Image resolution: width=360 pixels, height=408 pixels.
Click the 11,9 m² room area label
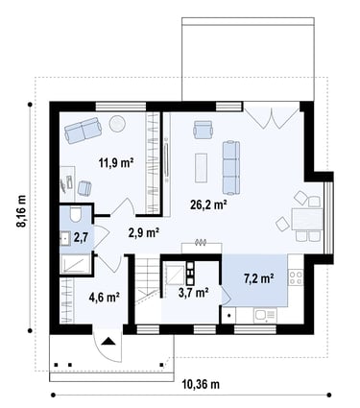pos(116,163)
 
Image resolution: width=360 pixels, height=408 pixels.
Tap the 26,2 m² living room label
pos(208,204)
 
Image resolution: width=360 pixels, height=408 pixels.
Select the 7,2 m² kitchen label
pos(258,278)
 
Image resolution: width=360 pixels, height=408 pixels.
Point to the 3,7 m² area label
pos(193,292)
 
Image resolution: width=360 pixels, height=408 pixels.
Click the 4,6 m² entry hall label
pos(105,298)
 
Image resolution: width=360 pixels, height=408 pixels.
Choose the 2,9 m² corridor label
pos(144,233)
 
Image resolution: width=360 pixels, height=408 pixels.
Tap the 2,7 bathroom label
pos(80,237)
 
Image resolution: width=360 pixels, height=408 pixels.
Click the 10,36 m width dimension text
pos(201,384)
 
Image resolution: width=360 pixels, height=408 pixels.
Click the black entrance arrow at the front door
pos(108,341)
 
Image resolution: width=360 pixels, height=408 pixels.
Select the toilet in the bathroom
pos(76,214)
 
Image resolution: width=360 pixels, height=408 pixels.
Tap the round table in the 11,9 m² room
pos(117,124)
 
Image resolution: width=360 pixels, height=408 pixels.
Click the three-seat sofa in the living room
pos(231,168)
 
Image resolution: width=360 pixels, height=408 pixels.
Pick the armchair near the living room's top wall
pos(203,130)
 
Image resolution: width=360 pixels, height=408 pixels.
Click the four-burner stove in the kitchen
pos(296,277)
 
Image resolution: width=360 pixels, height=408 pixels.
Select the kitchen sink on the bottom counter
pos(265,316)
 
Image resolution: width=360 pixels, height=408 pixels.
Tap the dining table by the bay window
pos(307,219)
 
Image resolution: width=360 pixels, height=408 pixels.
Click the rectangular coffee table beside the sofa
pos(201,168)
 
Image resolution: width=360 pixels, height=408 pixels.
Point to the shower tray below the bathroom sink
pos(75,264)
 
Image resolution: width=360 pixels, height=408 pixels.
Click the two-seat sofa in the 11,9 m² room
pos(84,130)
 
